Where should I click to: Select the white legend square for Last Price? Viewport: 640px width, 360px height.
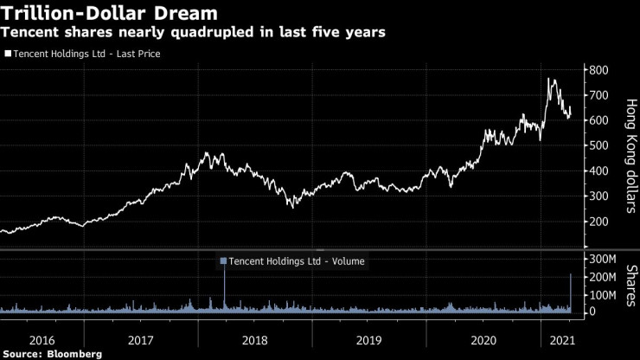coord(8,54)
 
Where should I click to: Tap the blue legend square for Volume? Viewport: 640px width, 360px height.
coord(224,260)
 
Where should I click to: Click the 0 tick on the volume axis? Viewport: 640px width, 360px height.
coord(592,312)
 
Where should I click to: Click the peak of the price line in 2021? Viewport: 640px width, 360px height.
coord(549,79)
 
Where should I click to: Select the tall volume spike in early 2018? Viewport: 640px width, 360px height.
coord(224,277)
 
